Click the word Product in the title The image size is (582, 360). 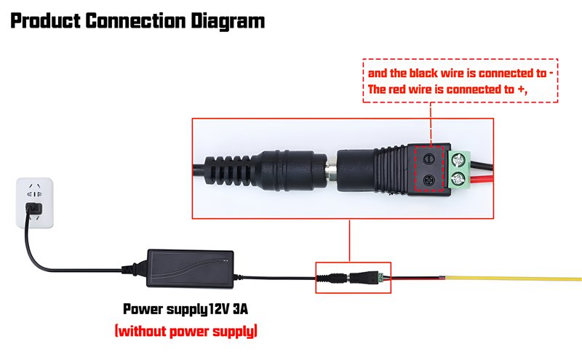(44, 20)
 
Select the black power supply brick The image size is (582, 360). (191, 265)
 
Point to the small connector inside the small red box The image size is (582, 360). (353, 277)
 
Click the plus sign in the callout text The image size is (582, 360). (518, 90)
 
